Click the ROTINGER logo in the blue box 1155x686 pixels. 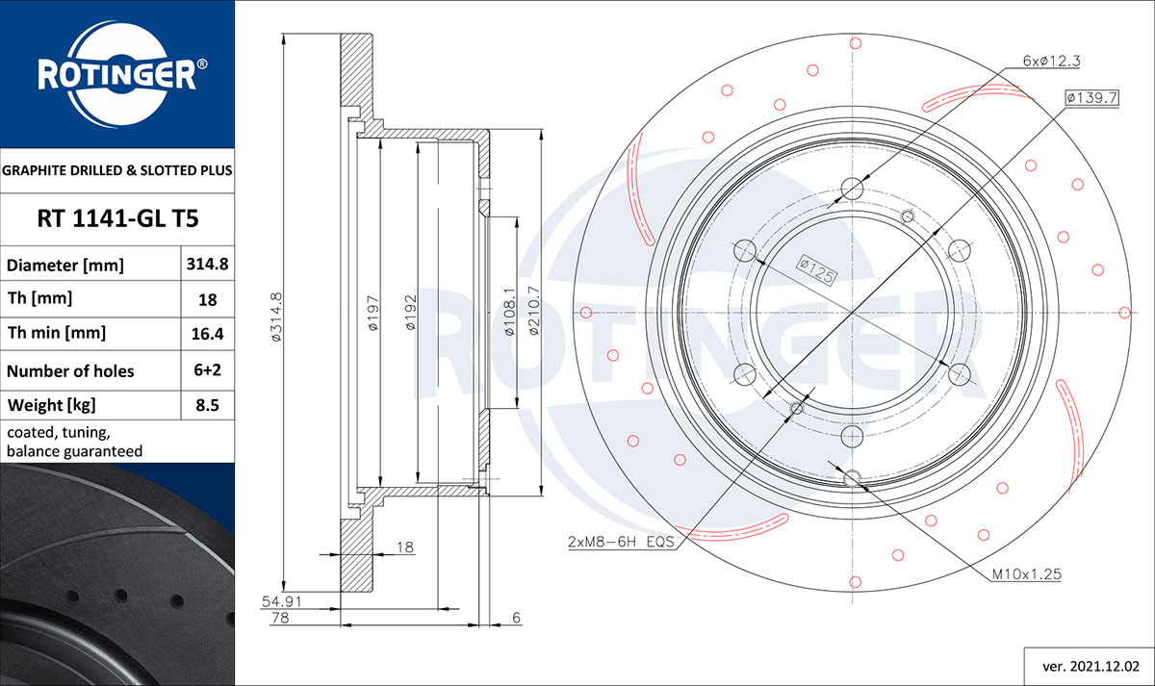tap(117, 74)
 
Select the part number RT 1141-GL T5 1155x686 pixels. tap(117, 218)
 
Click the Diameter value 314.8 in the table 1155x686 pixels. tap(208, 264)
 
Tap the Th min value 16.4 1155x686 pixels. tap(208, 334)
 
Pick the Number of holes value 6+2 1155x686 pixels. tap(208, 370)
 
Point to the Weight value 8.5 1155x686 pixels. tap(208, 405)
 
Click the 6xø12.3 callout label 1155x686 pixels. tap(1051, 61)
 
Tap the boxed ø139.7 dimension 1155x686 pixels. tap(1091, 97)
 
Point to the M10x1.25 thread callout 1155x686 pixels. tap(1026, 574)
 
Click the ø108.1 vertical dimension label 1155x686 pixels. tap(509, 314)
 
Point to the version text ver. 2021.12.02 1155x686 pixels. tap(1091, 666)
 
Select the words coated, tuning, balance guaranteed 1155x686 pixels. tap(75, 442)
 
